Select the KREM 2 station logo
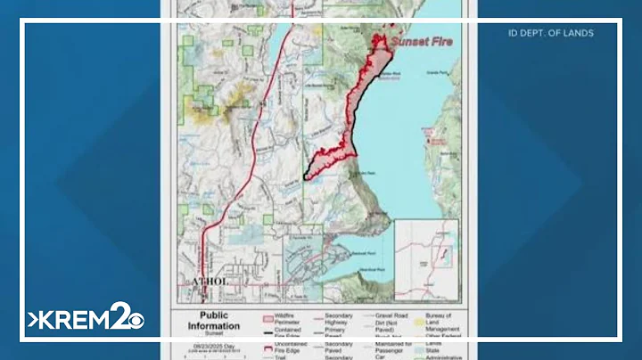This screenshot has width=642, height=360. point(85,319)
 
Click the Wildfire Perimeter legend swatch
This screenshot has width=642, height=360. point(266,316)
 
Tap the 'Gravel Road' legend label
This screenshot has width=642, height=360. point(391,316)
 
